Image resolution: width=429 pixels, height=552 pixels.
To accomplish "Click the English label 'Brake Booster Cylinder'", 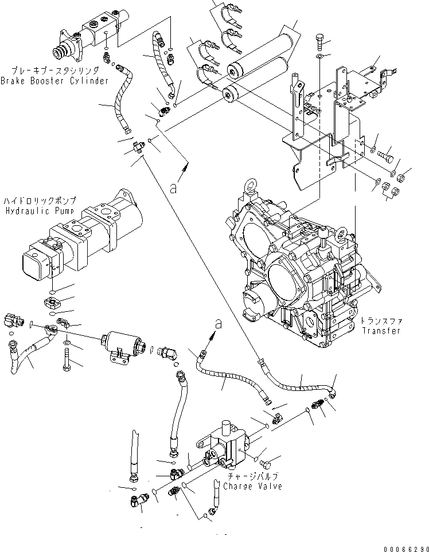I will [x=54, y=81].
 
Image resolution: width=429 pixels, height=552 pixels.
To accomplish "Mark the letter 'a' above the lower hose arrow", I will [x=216, y=324].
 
